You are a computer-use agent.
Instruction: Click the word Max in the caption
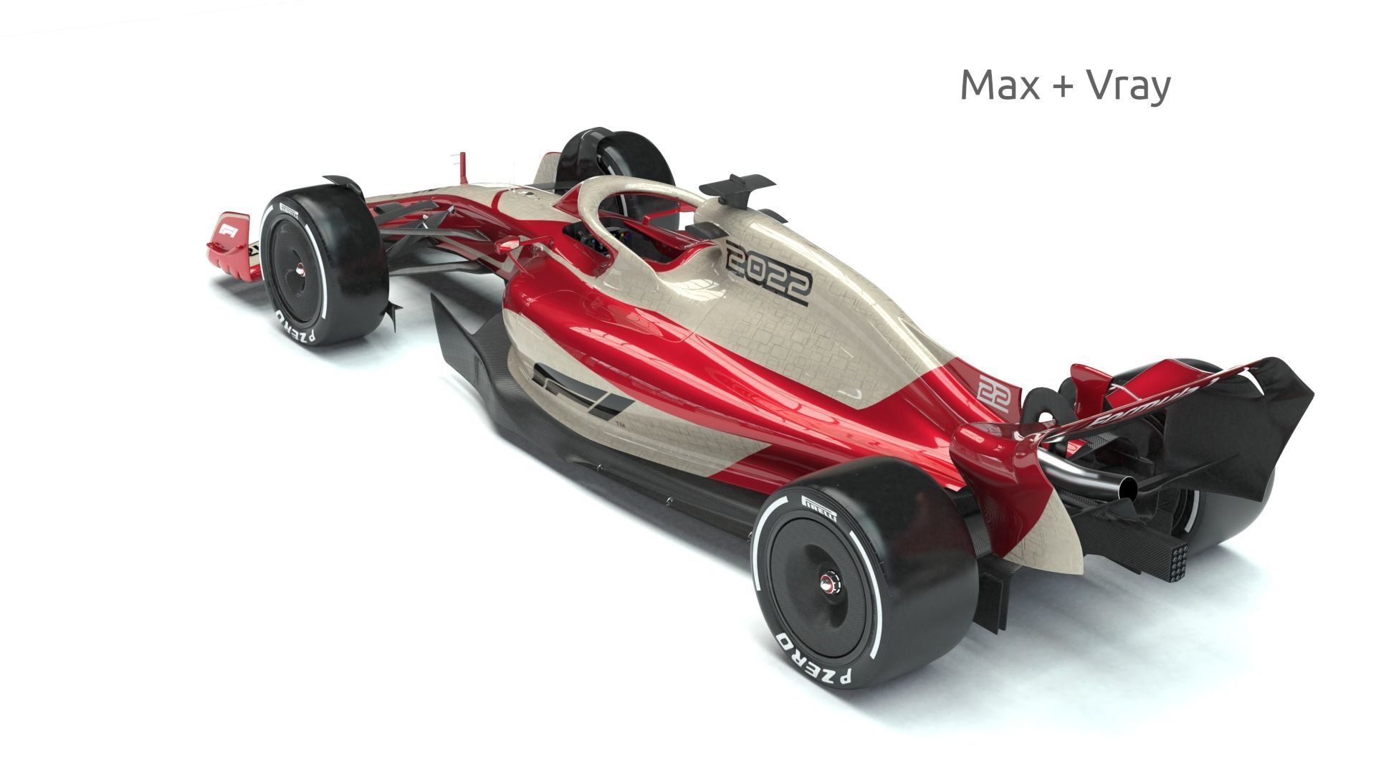1000,85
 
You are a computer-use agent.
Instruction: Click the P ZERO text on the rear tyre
813,656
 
